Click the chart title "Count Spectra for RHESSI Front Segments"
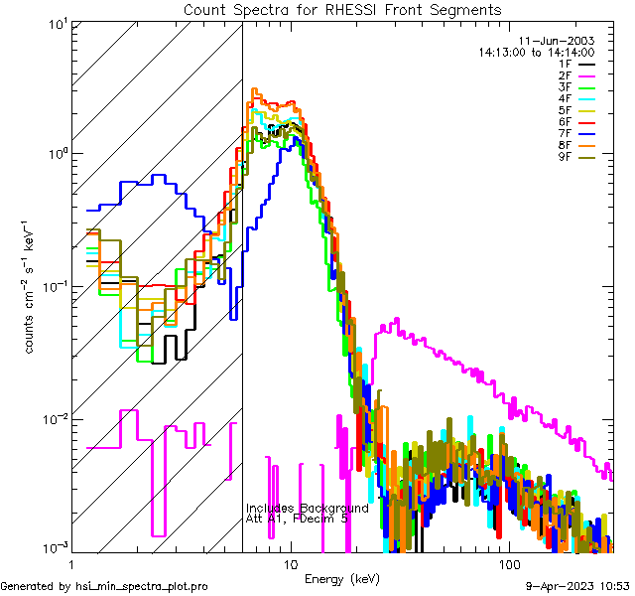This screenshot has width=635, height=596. tap(342, 10)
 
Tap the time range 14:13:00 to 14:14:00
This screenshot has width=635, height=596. tap(536, 52)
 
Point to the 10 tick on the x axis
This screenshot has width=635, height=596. tap(290, 563)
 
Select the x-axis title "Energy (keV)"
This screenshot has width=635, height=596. tap(341, 578)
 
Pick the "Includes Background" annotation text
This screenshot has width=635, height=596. tap(307, 508)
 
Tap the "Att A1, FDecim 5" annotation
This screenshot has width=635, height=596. tap(297, 519)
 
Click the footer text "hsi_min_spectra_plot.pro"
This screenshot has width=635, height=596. tap(142, 586)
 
